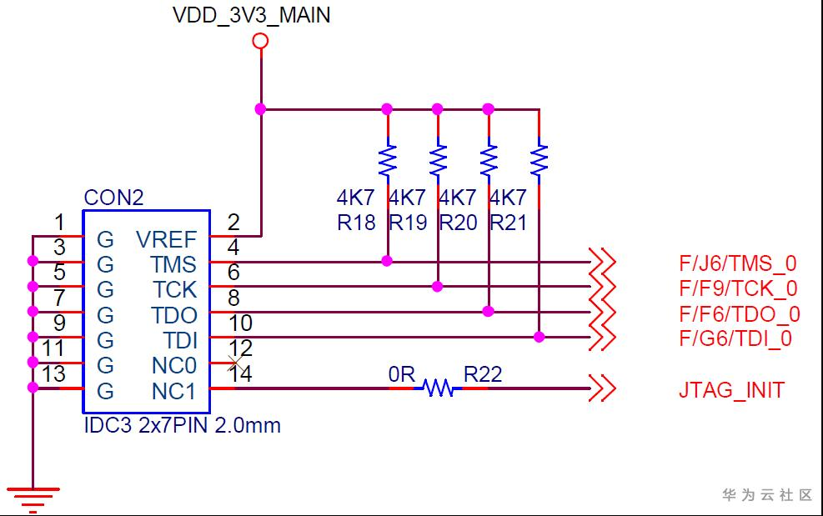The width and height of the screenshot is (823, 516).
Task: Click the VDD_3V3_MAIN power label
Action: point(252,15)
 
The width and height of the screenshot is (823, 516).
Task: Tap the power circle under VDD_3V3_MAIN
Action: point(260,41)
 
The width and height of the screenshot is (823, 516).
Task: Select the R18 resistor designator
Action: point(356,223)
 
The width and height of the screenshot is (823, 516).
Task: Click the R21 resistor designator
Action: point(508,223)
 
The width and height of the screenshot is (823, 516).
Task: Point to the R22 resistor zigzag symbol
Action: point(439,388)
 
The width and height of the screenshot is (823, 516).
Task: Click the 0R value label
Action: point(402,374)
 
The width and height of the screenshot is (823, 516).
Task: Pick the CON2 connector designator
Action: point(113,198)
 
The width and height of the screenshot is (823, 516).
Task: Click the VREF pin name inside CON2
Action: point(167,239)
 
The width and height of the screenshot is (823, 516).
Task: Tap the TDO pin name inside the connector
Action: point(174,315)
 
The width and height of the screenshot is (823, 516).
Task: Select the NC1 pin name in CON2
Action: point(173,392)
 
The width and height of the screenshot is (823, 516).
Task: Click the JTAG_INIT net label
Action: point(731,390)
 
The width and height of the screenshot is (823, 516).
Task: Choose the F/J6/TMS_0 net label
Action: point(737,263)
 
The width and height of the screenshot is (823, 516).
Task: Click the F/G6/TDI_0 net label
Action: point(735,338)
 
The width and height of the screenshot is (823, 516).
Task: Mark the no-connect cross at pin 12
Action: point(234,363)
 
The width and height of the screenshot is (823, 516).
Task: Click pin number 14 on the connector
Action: point(240,373)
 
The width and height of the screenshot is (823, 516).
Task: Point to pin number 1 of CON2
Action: point(59,223)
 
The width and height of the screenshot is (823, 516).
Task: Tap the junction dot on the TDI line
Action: point(539,337)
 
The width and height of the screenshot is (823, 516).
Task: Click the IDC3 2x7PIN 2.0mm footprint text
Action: point(182,425)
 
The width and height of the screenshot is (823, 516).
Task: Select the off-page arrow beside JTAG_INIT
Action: point(602,388)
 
